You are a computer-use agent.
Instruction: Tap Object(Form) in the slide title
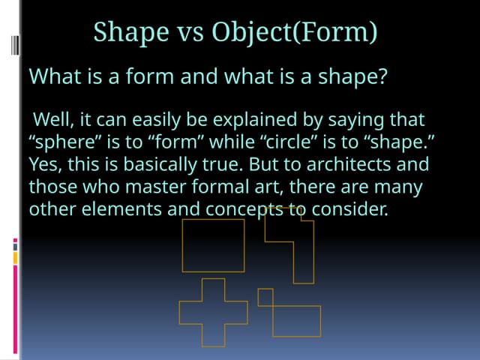[295, 32]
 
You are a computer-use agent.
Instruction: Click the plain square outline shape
[213, 245]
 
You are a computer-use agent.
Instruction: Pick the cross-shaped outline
[213, 312]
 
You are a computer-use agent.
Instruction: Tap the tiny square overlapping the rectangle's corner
[265, 297]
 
